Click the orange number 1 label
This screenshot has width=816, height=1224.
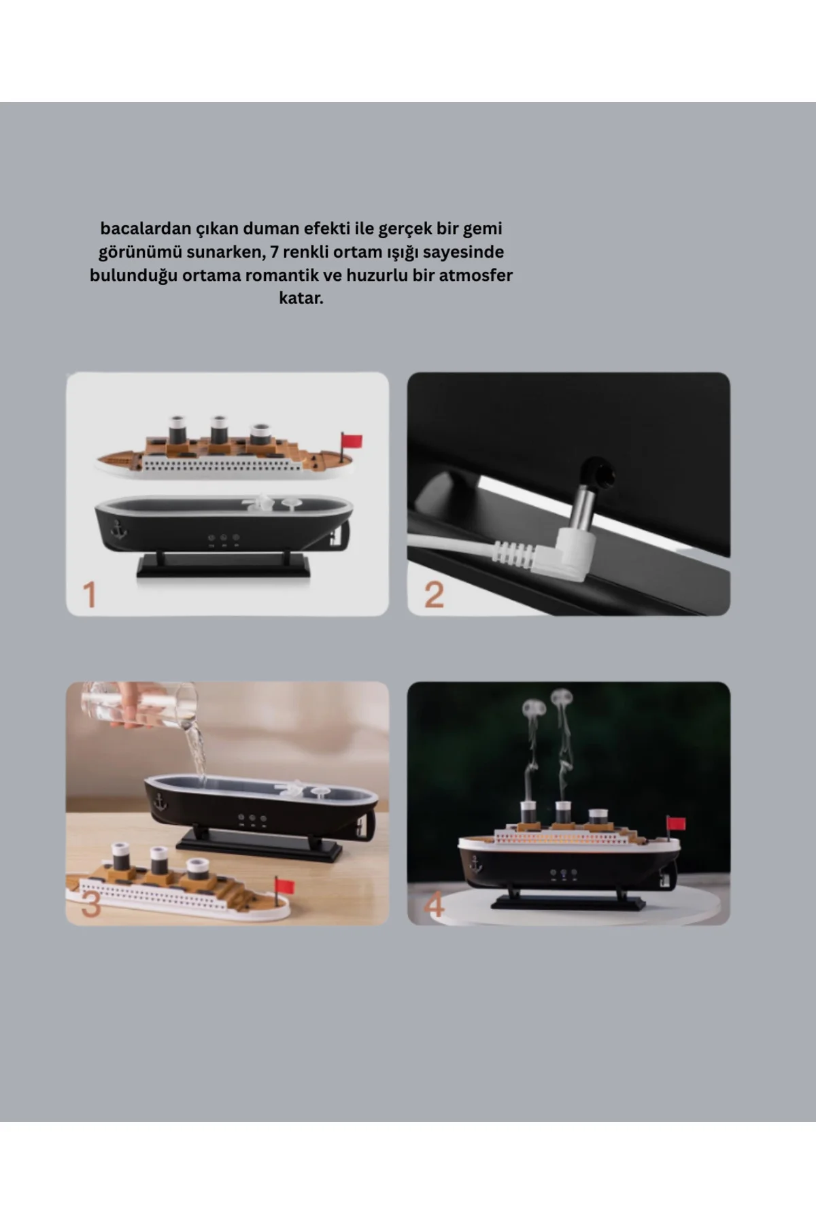point(89,594)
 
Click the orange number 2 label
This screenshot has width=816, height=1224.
point(434,594)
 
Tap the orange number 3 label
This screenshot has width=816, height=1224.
point(91,904)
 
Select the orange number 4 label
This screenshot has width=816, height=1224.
point(434,904)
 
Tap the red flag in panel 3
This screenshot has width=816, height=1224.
point(284,887)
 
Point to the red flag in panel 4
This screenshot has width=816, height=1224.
point(677,823)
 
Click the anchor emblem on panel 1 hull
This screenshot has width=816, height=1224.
point(119,530)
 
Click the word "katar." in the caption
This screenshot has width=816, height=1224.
point(301,298)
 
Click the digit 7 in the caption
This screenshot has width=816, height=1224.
point(274,252)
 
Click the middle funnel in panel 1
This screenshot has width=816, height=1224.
point(218,431)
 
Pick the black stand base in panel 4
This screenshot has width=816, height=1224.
point(568,902)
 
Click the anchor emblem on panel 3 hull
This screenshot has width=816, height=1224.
point(160,802)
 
